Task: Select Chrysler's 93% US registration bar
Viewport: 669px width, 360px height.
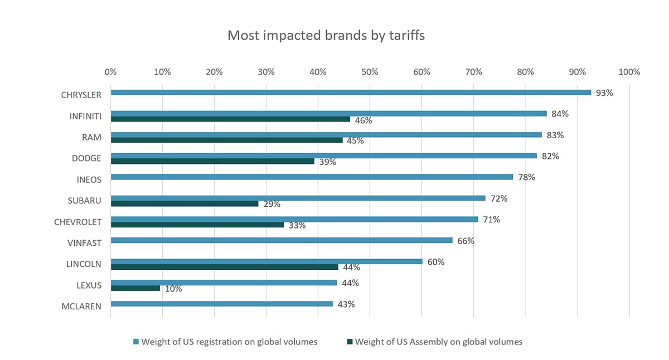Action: click(x=351, y=93)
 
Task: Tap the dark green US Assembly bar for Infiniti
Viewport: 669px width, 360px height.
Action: click(x=230, y=119)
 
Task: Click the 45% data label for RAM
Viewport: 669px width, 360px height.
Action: click(x=355, y=141)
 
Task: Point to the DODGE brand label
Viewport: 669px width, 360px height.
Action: click(x=86, y=158)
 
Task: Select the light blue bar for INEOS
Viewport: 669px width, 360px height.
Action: click(x=312, y=177)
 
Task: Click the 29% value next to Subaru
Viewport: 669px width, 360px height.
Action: click(x=271, y=205)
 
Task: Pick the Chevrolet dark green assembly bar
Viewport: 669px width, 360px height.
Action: click(x=197, y=225)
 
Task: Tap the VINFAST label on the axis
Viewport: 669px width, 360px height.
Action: click(x=84, y=243)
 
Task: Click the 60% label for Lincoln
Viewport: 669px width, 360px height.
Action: click(x=435, y=262)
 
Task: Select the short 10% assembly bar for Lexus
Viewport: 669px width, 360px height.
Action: click(x=135, y=289)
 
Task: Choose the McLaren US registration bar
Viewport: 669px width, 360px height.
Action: click(x=222, y=304)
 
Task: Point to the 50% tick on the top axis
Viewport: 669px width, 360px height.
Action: click(x=370, y=72)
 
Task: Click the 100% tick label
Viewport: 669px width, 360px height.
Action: click(x=629, y=72)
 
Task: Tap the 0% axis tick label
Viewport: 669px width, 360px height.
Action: click(x=110, y=72)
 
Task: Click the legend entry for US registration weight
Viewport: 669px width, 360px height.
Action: click(x=229, y=342)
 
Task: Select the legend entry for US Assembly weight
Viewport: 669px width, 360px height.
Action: click(x=438, y=342)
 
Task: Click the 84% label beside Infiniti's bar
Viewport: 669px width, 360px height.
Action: click(x=559, y=114)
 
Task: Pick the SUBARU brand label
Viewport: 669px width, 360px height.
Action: click(x=86, y=201)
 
